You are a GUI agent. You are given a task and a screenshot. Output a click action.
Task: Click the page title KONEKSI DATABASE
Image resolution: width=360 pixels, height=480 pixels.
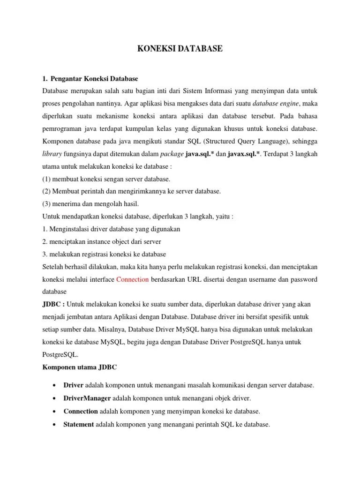pyautogui.click(x=180, y=48)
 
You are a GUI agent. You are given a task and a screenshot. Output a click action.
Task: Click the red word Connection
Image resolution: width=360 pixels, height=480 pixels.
pyautogui.click(x=132, y=279)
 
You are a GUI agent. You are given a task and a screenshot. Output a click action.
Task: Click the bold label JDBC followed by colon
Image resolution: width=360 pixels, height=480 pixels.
pyautogui.click(x=53, y=304)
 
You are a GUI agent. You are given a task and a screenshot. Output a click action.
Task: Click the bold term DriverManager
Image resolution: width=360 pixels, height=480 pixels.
pyautogui.click(x=87, y=398)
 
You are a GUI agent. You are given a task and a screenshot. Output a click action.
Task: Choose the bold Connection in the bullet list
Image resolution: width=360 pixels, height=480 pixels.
pyautogui.click(x=81, y=411)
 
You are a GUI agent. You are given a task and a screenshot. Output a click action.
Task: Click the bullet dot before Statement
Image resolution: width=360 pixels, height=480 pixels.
pyautogui.click(x=55, y=424)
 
